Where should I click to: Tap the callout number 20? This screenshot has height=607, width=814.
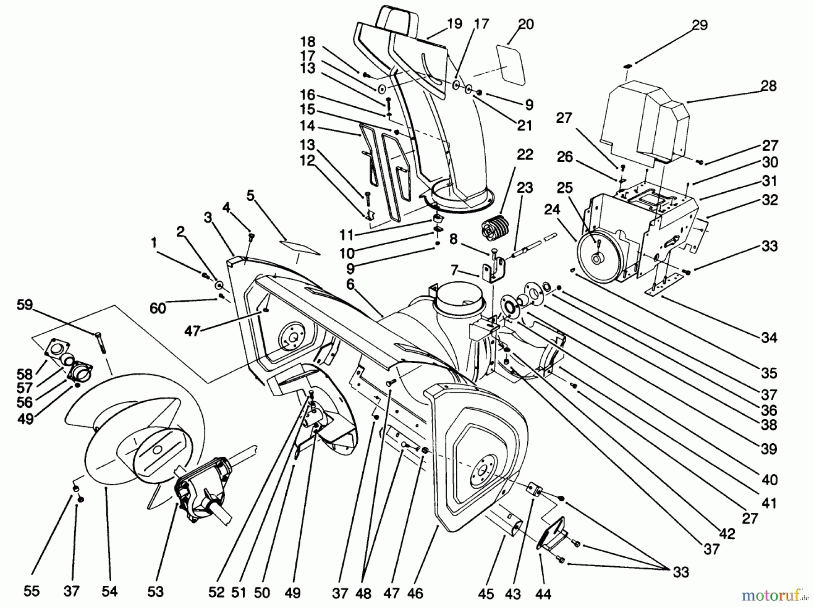point(525,24)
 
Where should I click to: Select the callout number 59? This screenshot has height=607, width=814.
point(24,305)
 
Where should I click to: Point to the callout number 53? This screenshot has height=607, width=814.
point(155,591)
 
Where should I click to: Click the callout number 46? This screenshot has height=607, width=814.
point(415,592)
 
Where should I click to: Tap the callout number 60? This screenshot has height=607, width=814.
point(158,308)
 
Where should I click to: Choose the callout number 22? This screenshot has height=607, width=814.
point(525,155)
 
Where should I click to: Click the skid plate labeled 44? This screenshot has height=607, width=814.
point(553,534)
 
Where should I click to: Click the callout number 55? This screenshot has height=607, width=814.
point(32,591)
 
